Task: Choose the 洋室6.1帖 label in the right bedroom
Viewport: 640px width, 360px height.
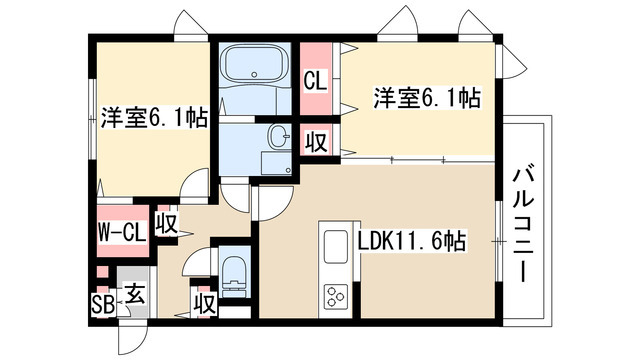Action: [427, 98]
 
